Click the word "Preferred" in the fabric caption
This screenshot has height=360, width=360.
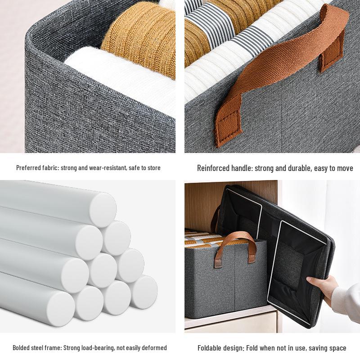tap(28, 168)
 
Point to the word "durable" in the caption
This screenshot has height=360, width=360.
tap(304, 168)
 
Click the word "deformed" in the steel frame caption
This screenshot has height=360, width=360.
tap(155, 348)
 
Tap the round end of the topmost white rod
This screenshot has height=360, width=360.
tap(103, 210)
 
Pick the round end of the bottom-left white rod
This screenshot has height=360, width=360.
tap(60, 306)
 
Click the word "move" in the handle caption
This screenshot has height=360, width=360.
tap(344, 168)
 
